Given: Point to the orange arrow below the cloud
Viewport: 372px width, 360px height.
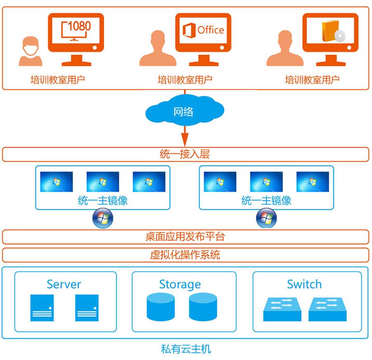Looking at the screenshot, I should (184, 134).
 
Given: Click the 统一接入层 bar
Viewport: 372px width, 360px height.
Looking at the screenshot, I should (185, 154).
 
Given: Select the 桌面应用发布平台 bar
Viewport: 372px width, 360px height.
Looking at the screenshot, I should (185, 237).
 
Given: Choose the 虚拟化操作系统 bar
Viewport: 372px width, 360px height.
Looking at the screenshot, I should (185, 254).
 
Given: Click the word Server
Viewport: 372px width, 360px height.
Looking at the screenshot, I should (64, 284).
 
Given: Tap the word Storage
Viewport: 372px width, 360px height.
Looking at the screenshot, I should (180, 284).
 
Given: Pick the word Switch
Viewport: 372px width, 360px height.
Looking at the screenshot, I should (304, 284).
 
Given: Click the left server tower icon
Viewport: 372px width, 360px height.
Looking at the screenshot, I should (42, 308).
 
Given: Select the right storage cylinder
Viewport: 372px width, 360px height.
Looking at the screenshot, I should (203, 308).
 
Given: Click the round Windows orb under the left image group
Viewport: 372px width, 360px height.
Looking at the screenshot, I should (103, 218).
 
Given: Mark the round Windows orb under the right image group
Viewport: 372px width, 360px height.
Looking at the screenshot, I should (266, 218).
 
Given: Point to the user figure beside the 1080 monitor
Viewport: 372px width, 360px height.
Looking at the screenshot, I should (31, 52).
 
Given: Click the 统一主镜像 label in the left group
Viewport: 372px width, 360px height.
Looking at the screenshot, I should (103, 201).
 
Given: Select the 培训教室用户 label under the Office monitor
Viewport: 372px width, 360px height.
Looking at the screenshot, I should (185, 80).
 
